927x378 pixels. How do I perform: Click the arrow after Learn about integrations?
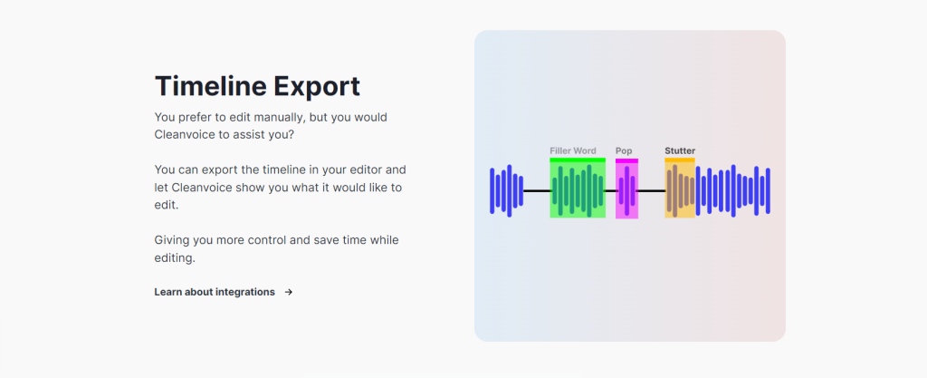point(289,292)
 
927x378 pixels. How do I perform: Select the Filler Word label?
point(573,150)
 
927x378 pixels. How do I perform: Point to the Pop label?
point(624,150)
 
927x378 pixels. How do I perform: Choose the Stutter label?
point(680,150)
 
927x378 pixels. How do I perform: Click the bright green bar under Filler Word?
point(578,160)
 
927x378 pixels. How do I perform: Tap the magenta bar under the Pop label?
point(626,160)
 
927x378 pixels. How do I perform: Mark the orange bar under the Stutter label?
point(680,160)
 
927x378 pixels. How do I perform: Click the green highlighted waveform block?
point(578,189)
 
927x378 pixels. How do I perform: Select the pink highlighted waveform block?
point(626,190)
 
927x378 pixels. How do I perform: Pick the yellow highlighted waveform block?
point(680,189)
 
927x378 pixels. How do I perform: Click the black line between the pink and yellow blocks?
point(651,190)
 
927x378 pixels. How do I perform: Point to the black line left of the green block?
point(536,190)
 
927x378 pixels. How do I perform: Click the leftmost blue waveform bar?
point(492,190)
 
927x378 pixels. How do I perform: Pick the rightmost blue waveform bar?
point(768,190)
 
